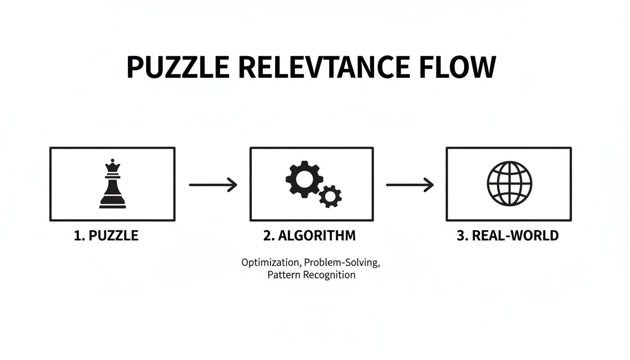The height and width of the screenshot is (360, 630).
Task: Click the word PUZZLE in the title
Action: (x=178, y=67)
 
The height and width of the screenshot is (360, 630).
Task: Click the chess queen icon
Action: (x=112, y=184)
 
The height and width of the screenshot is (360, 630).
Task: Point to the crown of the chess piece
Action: (x=112, y=165)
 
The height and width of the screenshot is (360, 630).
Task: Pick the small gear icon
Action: (x=330, y=196)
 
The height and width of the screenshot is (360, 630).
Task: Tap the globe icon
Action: (x=508, y=183)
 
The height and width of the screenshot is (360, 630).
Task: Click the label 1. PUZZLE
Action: (x=106, y=235)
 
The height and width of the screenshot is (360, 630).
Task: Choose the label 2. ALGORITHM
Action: (x=309, y=235)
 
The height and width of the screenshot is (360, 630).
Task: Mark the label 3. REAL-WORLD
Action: (x=508, y=235)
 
